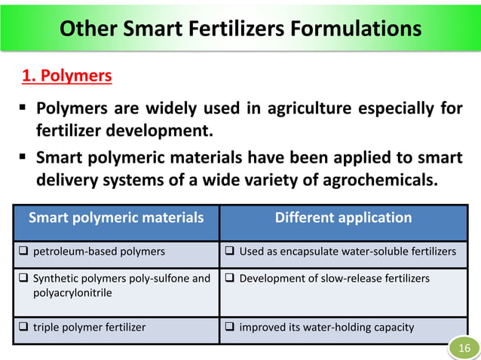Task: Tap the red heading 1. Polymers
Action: [66, 76]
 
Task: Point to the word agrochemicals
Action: [381, 181]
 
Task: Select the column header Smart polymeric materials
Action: [116, 218]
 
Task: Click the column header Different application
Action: [343, 218]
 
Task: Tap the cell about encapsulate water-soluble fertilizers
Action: [347, 252]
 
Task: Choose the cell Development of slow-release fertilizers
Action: [334, 279]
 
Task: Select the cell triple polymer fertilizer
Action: [89, 328]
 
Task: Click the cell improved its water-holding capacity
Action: [326, 328]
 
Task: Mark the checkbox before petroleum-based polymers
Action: [25, 252]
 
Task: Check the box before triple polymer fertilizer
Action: [25, 328]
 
